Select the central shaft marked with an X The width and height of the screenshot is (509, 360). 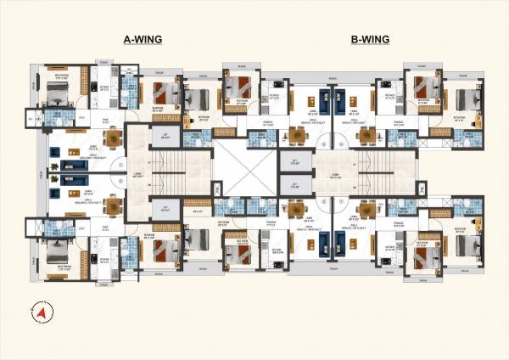pyautogui.click(x=244, y=170)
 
